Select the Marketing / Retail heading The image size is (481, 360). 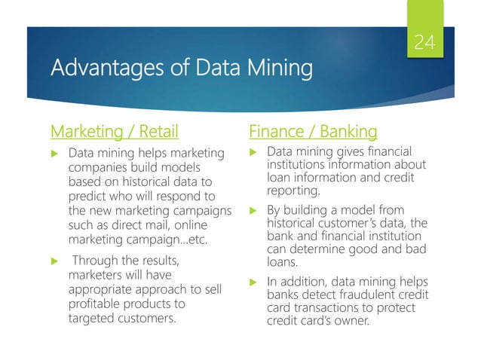(x=114, y=132)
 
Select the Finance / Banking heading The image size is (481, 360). (x=312, y=132)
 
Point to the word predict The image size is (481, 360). (x=90, y=197)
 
